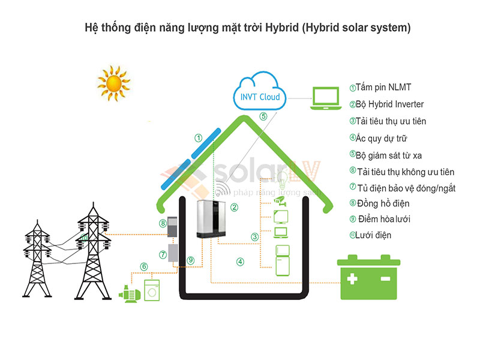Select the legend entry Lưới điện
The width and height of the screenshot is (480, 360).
(373, 235)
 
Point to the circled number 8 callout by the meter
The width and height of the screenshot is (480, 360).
(163, 224)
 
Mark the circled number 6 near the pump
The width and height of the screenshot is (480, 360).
(143, 266)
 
